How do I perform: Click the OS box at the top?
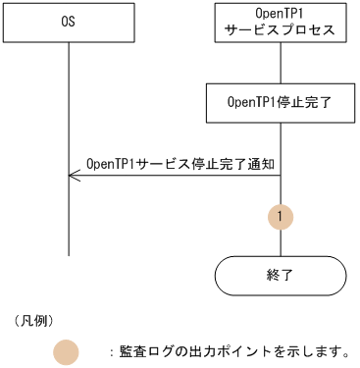pyautogui.click(x=69, y=22)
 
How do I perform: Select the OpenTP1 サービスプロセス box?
pyautogui.click(x=281, y=22)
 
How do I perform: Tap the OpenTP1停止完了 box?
pyautogui.click(x=281, y=101)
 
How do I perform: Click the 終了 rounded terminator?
pyautogui.click(x=281, y=275)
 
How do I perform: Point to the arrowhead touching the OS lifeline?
pyautogui.click(x=73, y=176)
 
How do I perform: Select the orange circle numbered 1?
pyautogui.click(x=281, y=215)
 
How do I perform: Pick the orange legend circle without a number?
pyautogui.click(x=67, y=350)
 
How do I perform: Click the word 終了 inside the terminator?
pyautogui.click(x=281, y=275)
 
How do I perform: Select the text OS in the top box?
pyautogui.click(x=69, y=22)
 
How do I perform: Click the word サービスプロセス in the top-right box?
pyautogui.click(x=281, y=29)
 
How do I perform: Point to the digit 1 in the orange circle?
pyautogui.click(x=281, y=215)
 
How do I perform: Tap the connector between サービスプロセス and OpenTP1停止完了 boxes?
pyautogui.click(x=281, y=62)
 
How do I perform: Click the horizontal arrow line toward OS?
pyautogui.click(x=177, y=176)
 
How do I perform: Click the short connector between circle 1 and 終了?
pyautogui.click(x=281, y=242)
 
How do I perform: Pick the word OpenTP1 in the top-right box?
pyautogui.click(x=281, y=14)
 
